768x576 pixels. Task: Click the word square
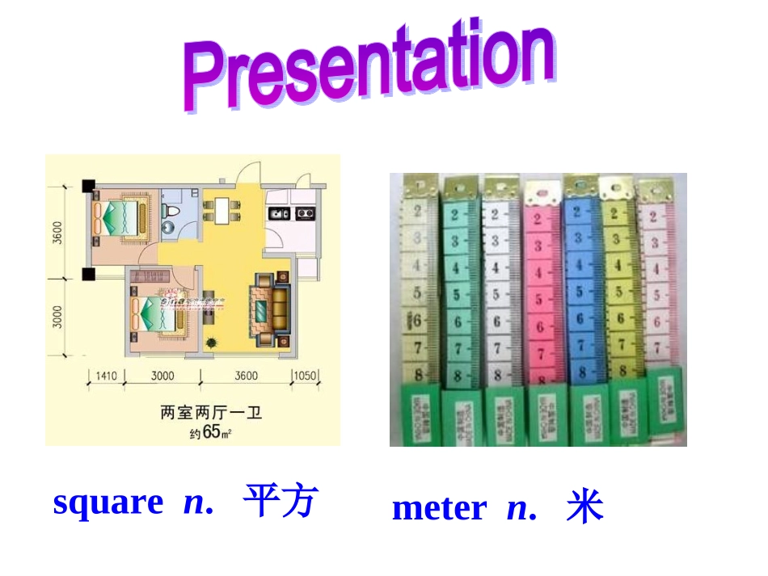(x=108, y=502)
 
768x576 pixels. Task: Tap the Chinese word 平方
(x=281, y=501)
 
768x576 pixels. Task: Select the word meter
(x=439, y=508)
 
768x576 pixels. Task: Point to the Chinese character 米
(x=584, y=508)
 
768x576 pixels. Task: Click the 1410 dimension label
(x=107, y=376)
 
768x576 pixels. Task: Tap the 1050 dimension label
(x=305, y=376)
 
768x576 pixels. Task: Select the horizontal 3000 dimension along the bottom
(x=162, y=376)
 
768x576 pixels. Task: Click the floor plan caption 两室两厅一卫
(x=211, y=414)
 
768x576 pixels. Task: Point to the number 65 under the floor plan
(x=211, y=431)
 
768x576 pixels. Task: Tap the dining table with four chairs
(x=220, y=210)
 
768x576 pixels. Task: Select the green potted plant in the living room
(x=211, y=342)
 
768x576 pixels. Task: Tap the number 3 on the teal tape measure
(x=454, y=242)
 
